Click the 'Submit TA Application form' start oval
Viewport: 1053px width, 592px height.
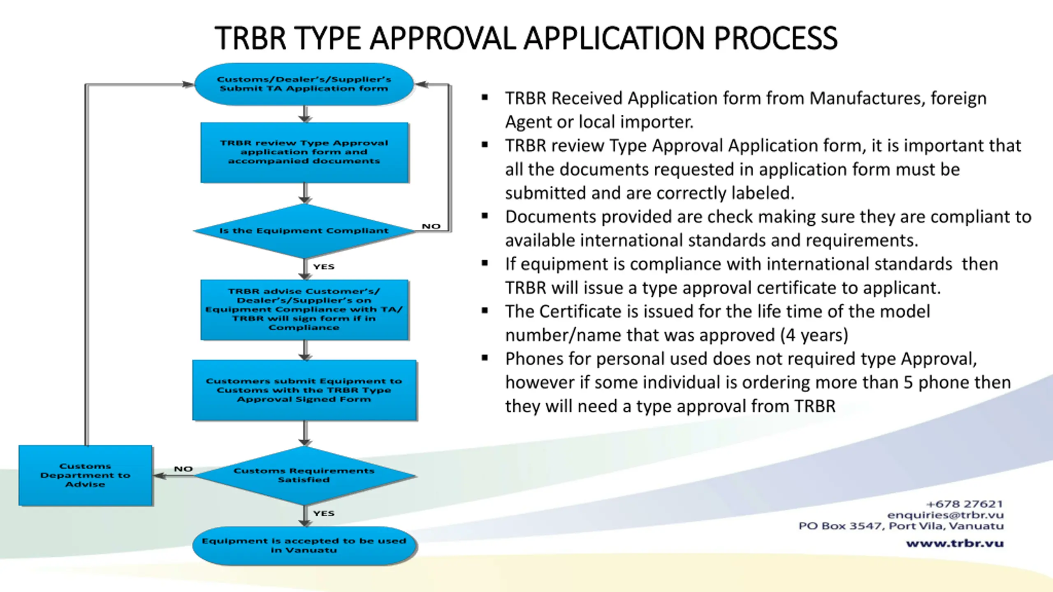coord(304,84)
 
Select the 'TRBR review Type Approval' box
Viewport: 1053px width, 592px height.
coord(304,153)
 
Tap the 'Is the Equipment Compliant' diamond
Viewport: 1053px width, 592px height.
coord(304,231)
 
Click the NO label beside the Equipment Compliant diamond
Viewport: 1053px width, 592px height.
coord(431,227)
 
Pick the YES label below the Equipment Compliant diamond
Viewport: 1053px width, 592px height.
coord(324,267)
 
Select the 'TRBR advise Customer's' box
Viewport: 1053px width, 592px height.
coord(304,310)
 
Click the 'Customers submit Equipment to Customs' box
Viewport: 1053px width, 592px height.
coord(304,390)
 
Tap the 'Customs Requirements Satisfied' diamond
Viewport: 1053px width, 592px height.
coord(304,476)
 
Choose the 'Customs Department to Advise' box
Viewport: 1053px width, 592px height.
coord(86,475)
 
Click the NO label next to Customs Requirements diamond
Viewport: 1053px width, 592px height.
coord(183,469)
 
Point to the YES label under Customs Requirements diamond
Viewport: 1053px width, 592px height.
coord(324,513)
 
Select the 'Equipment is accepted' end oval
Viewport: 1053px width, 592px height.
coord(304,546)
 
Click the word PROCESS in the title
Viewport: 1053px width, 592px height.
coord(776,38)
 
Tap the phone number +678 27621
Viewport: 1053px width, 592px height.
coord(965,504)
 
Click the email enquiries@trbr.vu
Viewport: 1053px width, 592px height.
coord(945,515)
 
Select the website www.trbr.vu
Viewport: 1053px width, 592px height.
coord(955,543)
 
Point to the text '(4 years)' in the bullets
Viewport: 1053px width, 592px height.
coord(814,335)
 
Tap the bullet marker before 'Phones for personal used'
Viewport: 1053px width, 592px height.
coord(485,358)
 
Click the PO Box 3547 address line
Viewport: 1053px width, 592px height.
coord(901,526)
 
